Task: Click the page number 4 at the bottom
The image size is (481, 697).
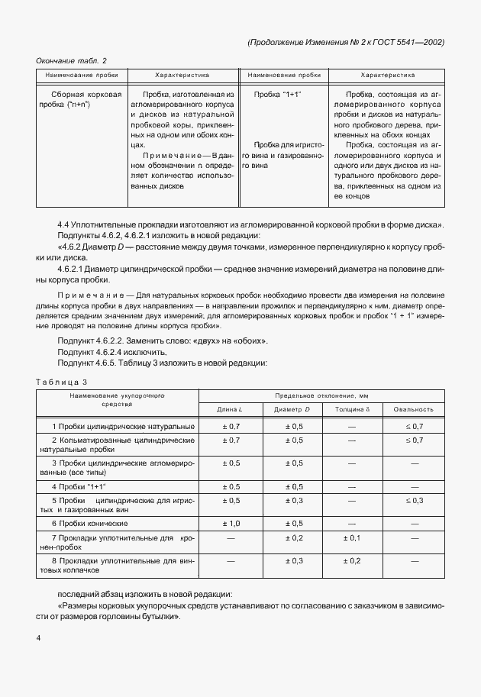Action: (39, 636)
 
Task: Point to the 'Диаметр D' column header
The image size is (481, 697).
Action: (289, 409)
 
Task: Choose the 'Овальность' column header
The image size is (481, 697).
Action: (413, 409)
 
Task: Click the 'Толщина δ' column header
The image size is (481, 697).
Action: (351, 409)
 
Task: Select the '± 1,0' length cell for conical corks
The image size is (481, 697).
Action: (231, 524)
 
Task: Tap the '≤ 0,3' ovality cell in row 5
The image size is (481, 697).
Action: (413, 500)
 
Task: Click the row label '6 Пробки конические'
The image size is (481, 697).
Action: (89, 524)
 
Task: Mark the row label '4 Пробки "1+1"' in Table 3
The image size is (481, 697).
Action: (79, 486)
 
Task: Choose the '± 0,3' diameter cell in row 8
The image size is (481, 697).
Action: (289, 561)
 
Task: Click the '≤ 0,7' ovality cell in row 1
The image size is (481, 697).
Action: (413, 425)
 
